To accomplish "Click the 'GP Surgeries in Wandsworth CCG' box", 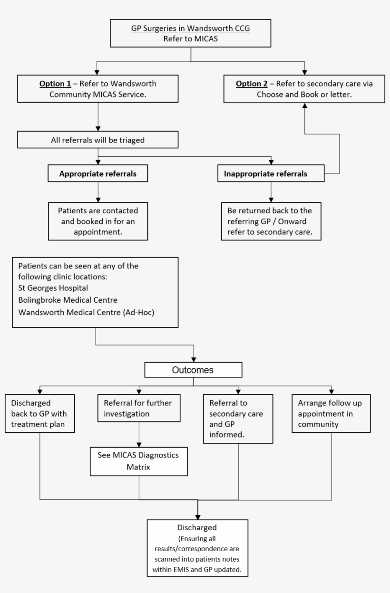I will click(x=190, y=33).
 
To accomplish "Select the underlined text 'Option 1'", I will click(x=55, y=84).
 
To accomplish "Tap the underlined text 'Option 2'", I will click(x=252, y=84).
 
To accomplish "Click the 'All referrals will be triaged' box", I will click(x=97, y=140).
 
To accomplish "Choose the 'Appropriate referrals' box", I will click(x=97, y=174).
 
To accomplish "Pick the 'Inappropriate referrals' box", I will click(x=271, y=174).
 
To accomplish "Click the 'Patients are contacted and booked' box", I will click(x=97, y=221).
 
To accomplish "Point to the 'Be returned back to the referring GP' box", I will click(x=271, y=221).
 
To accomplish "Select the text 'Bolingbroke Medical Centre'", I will click(x=68, y=300).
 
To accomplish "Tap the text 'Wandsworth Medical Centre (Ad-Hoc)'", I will click(x=86, y=312).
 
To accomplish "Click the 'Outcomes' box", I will click(x=194, y=370).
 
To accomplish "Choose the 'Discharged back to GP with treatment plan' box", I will click(x=40, y=413).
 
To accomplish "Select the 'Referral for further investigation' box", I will click(x=138, y=408).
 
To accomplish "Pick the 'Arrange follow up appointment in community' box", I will click(x=331, y=413).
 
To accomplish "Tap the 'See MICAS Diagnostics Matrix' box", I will click(x=139, y=461).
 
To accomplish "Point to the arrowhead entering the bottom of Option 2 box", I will click(x=304, y=105).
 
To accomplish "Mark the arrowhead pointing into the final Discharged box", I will click(x=197, y=516).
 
